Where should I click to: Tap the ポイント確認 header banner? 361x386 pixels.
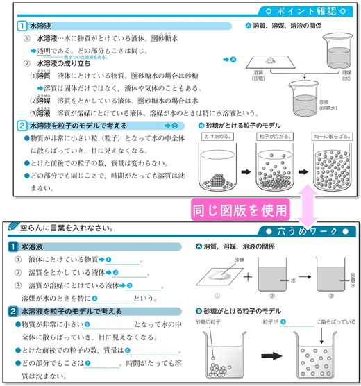point(305,12)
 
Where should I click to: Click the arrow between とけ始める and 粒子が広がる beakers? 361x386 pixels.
point(246,169)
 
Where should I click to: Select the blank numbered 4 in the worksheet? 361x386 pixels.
point(111,298)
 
